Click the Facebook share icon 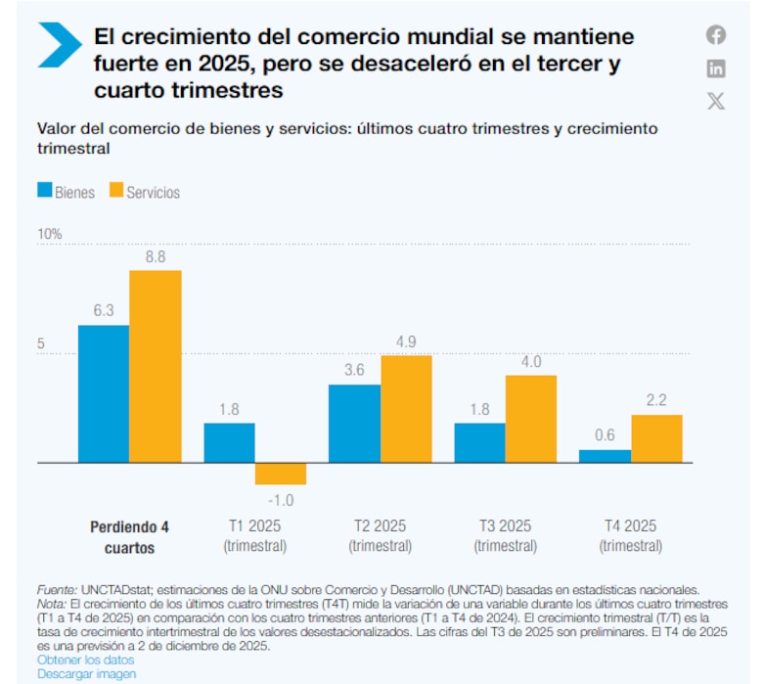coord(716,35)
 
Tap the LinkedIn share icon coord(716,68)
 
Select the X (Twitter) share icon coord(716,101)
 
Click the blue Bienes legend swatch coord(44,191)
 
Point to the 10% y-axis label coord(50,235)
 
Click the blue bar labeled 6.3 coord(104,393)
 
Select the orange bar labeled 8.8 coord(156,366)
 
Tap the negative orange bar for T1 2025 coord(281,474)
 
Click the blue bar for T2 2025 coord(354,423)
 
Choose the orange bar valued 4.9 coord(406,408)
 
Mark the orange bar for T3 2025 coord(531,419)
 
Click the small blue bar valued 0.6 coord(605,456)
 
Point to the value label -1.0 coord(281,500)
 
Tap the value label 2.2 coord(656,399)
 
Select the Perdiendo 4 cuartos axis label coord(130,537)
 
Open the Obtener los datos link coord(85,661)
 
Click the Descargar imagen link coord(86,673)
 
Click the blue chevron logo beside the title coord(60,45)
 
